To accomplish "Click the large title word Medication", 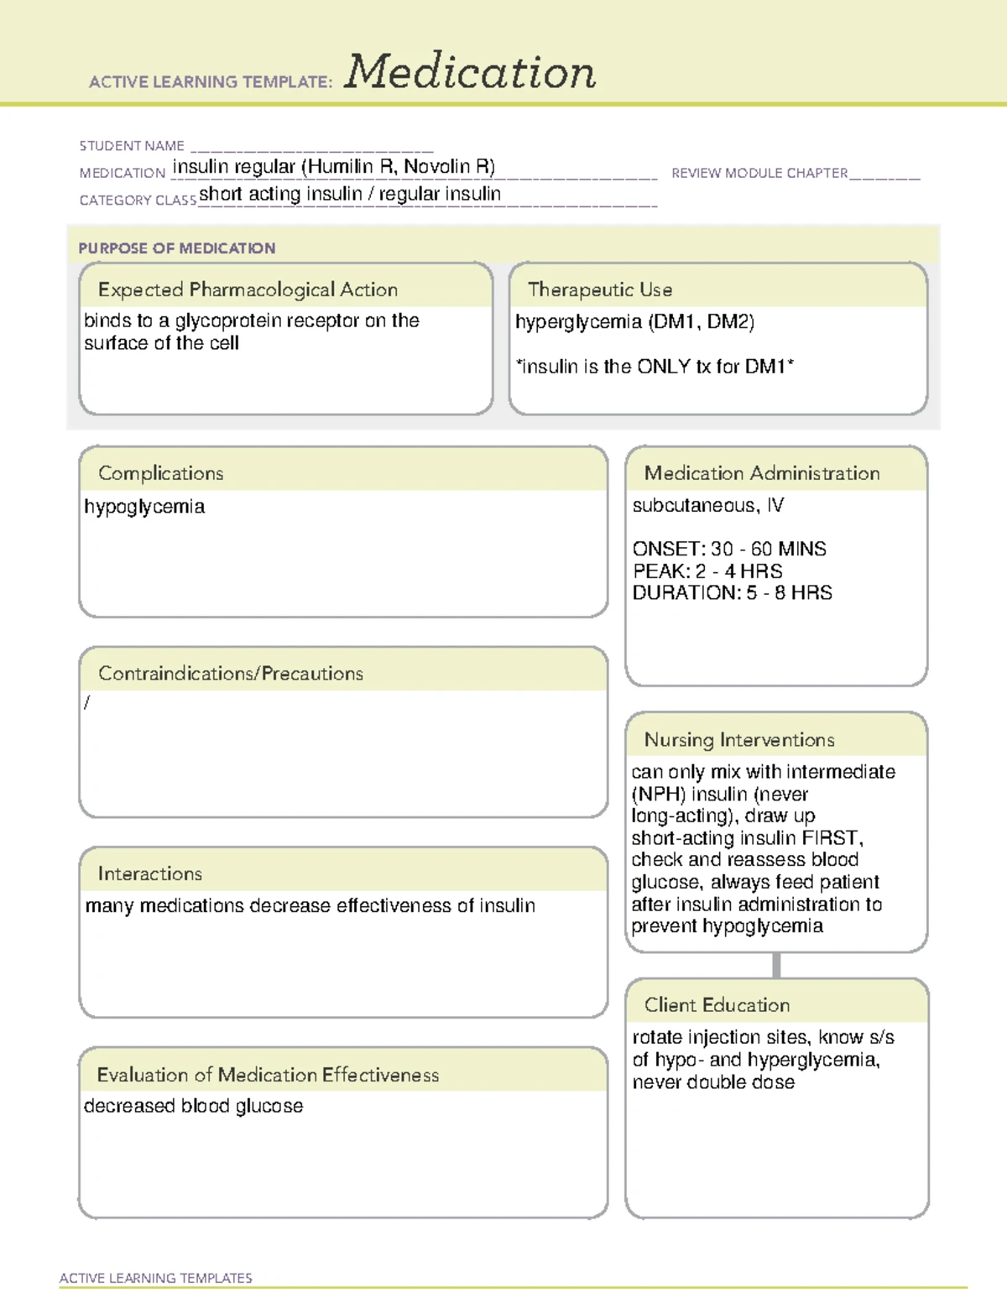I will click(470, 72).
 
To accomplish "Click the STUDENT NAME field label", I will click(132, 146).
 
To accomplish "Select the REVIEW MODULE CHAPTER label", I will click(759, 173).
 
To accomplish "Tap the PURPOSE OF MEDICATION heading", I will click(176, 248).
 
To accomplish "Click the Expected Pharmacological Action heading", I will click(248, 289).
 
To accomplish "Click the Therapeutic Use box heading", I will click(600, 289).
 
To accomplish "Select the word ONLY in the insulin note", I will click(664, 367).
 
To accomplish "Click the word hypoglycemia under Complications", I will click(144, 507).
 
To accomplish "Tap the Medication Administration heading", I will click(762, 473).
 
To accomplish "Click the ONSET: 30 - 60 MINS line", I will click(729, 549).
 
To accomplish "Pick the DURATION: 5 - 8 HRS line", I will click(732, 592).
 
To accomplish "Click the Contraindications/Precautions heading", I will click(231, 673).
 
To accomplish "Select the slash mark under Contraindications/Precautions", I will click(87, 702).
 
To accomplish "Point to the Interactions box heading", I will click(150, 873).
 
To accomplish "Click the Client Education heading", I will click(717, 1004).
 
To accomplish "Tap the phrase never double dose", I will click(713, 1082).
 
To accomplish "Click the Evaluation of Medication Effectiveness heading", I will click(268, 1075).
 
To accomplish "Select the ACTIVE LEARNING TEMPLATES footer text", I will click(156, 1278).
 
